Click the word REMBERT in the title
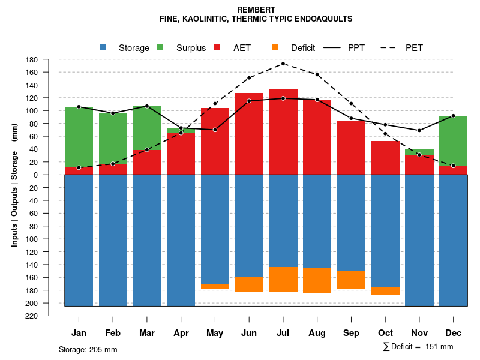[x=256, y=10]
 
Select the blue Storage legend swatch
[x=103, y=47]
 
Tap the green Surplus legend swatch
[x=160, y=47]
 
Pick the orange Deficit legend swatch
[x=275, y=47]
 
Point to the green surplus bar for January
[x=79, y=137]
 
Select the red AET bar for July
[x=283, y=132]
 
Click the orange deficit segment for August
[x=317, y=280]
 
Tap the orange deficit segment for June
[x=249, y=284]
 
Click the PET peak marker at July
[x=283, y=64]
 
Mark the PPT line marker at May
[x=215, y=130]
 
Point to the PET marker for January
[x=79, y=167]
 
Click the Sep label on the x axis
[x=352, y=333]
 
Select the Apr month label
[x=181, y=333]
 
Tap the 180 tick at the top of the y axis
[x=32, y=60]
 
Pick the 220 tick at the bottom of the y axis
[x=32, y=316]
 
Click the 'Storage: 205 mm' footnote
[x=88, y=349]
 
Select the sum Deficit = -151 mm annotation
[x=418, y=347]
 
